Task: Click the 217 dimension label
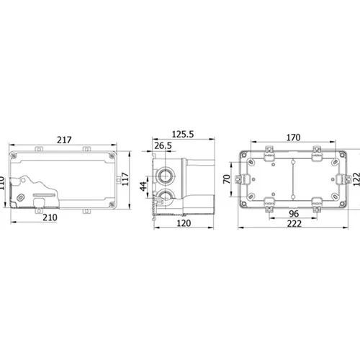tap(64, 140)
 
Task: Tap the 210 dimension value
tap(50, 217)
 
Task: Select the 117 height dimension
tap(125, 179)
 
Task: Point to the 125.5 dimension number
tap(183, 135)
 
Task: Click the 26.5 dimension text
tap(163, 145)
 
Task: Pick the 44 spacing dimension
tap(143, 186)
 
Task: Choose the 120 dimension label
tap(184, 223)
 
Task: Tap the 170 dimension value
tap(293, 138)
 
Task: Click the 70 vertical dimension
tap(227, 179)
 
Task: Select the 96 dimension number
tap(294, 214)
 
